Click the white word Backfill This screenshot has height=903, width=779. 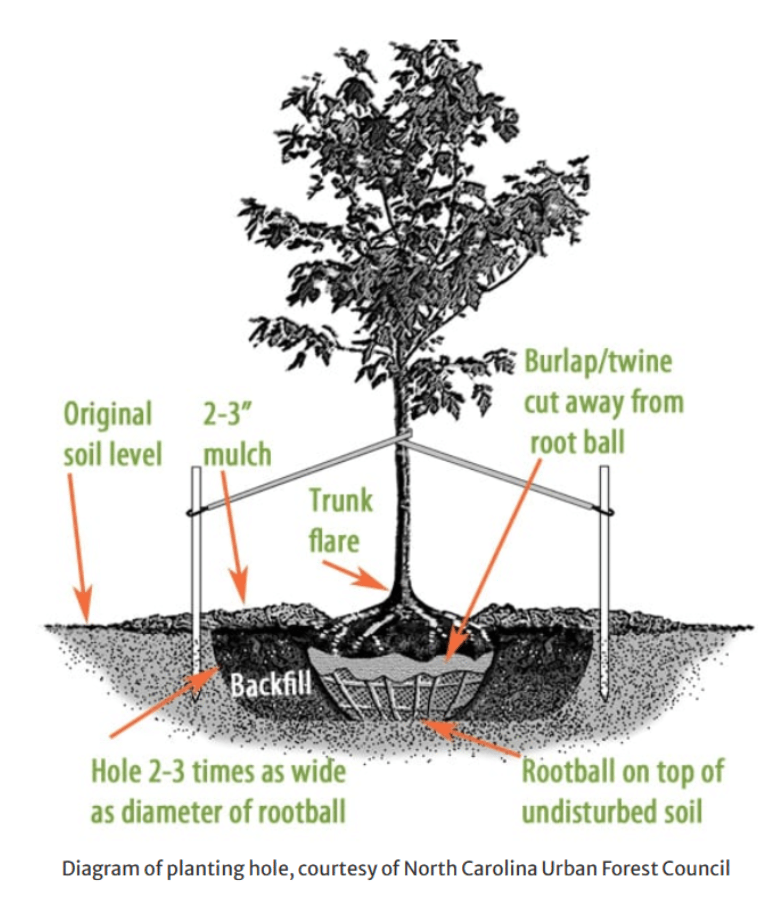coord(270,684)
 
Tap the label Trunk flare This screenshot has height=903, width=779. coord(340,520)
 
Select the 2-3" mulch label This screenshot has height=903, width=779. coord(237,434)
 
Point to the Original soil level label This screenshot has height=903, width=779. coord(112,434)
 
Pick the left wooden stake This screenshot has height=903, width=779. coord(196,569)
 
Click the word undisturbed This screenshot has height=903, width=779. coord(587,812)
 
